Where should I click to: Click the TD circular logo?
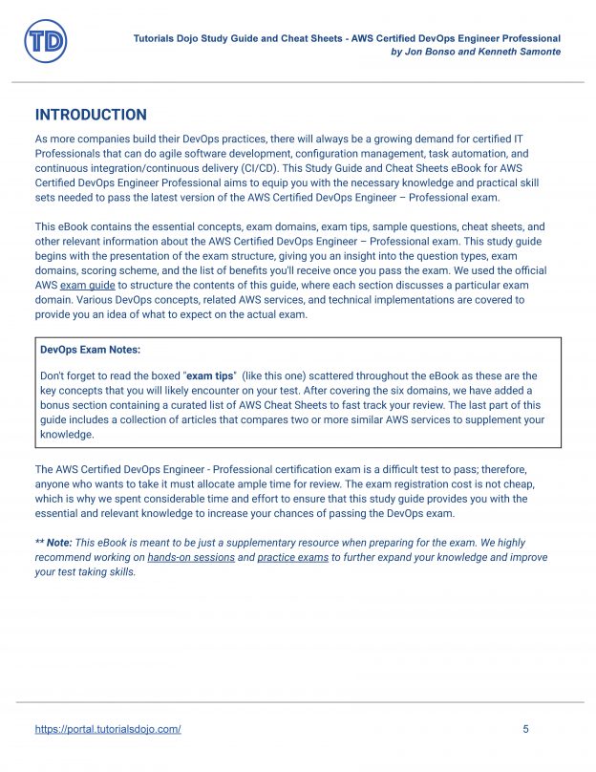click(x=44, y=42)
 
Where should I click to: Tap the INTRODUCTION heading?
click(x=91, y=115)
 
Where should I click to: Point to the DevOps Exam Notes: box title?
click(x=90, y=350)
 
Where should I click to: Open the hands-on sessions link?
click(x=191, y=557)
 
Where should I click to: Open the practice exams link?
click(x=292, y=557)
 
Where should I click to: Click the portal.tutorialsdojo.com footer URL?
click(x=108, y=729)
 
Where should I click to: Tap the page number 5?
click(x=525, y=729)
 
